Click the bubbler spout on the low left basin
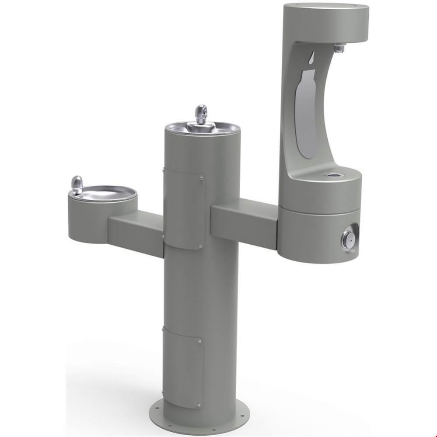[77, 184]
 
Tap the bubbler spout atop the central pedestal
[201, 113]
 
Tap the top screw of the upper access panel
[201, 178]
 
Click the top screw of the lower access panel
[199, 340]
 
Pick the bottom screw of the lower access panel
[199, 405]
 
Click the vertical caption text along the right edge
[433, 218]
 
